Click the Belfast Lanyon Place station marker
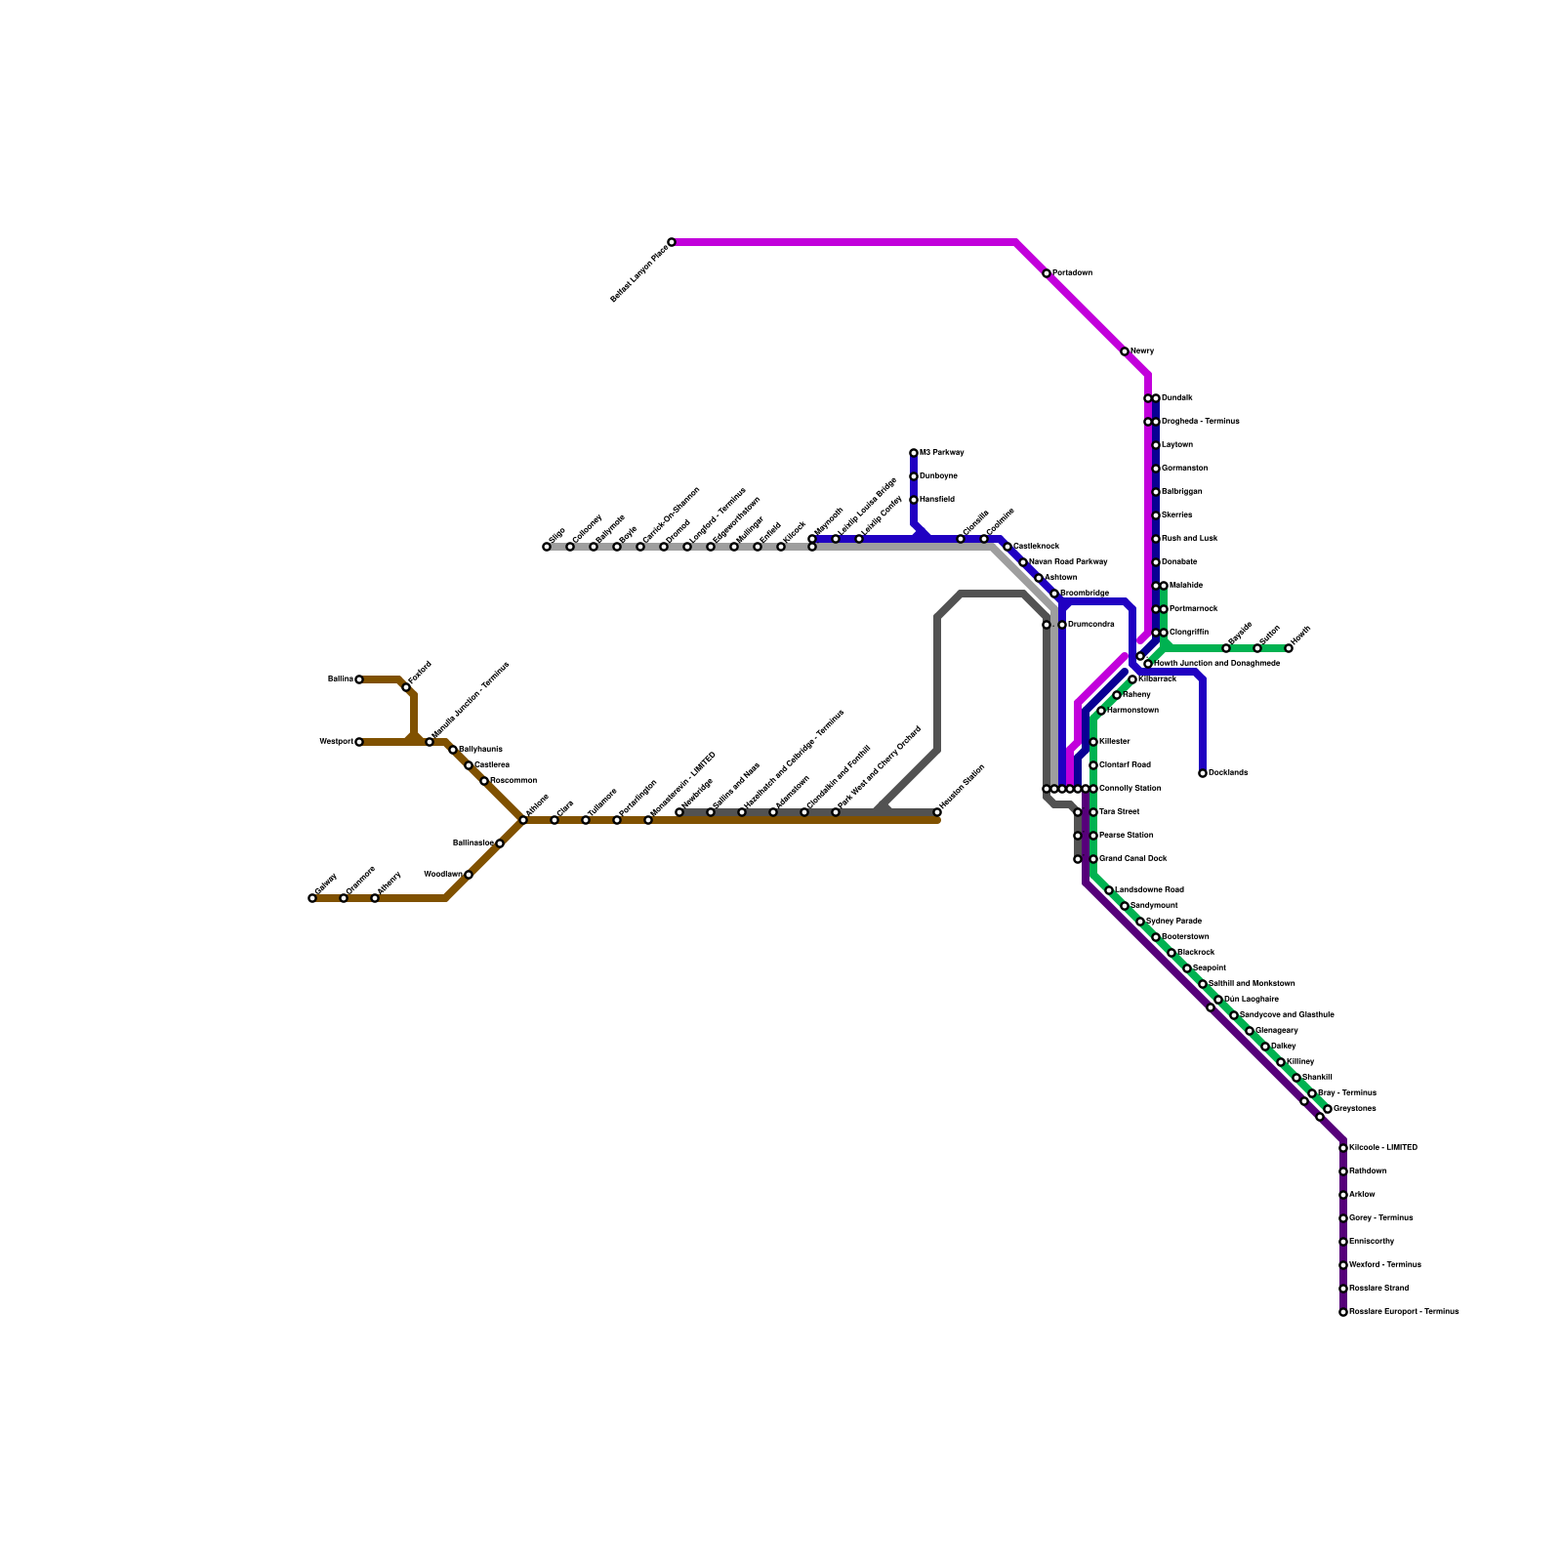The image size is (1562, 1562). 672,242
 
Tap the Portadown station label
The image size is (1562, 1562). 1072,273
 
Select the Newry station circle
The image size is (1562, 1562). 1125,351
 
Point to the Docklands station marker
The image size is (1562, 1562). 1203,773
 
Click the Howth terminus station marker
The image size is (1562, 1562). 1289,648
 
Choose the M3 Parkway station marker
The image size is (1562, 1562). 914,453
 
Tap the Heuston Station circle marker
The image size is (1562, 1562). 937,812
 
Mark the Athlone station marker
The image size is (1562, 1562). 523,820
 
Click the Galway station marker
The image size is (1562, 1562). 312,898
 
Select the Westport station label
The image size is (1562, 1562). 336,742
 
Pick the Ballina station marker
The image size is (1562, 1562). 359,679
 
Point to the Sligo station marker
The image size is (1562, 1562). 547,547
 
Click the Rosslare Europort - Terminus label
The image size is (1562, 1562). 1404,1312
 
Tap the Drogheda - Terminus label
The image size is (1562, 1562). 1200,422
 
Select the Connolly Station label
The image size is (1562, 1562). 1130,789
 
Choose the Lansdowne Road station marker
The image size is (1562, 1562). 1109,890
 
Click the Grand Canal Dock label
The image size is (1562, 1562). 1132,859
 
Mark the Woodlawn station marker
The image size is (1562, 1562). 469,875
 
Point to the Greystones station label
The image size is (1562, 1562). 1354,1109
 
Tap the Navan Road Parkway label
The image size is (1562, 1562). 1068,562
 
